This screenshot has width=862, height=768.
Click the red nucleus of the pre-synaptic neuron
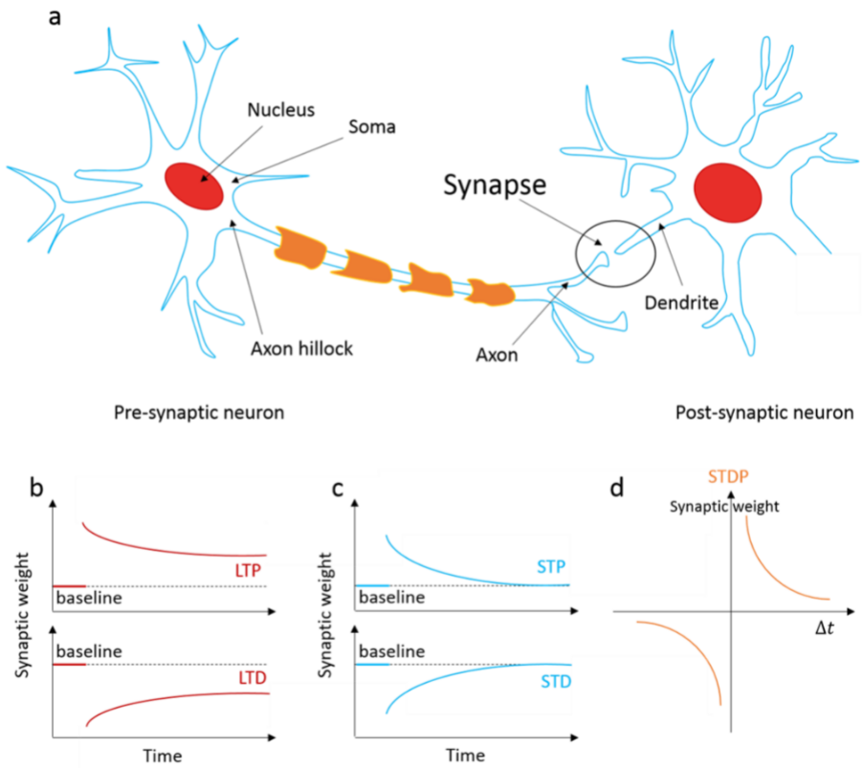(x=194, y=185)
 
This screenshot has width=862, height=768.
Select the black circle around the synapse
(x=616, y=252)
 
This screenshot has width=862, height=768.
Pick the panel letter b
(x=37, y=487)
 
